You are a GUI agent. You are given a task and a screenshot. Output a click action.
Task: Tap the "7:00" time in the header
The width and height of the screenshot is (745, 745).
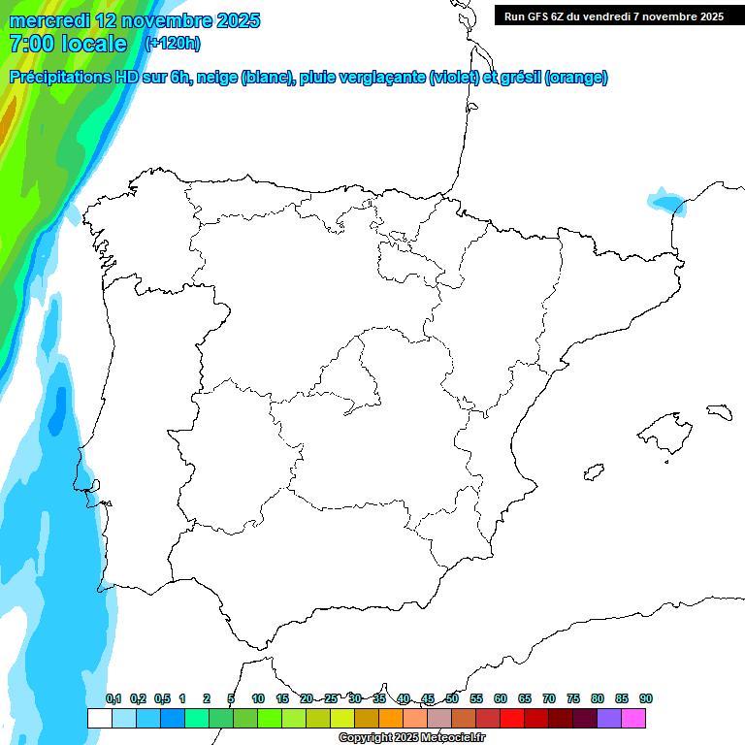[x=30, y=44]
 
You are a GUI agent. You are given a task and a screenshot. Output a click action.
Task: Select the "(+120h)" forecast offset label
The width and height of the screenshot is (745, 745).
[x=172, y=43]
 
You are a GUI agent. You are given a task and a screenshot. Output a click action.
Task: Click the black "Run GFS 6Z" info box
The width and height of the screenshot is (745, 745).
[x=614, y=16]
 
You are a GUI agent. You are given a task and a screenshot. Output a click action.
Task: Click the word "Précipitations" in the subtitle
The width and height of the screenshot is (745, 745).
[x=59, y=78]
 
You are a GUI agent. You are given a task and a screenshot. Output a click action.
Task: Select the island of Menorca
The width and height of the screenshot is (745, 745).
[x=719, y=411]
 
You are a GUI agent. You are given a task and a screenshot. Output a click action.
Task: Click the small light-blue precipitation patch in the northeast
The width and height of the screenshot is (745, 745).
[x=667, y=202]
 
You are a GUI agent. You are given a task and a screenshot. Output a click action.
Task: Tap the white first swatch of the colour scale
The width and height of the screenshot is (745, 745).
[x=99, y=718]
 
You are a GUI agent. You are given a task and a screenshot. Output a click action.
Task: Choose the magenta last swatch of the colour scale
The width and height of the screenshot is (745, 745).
[x=633, y=718]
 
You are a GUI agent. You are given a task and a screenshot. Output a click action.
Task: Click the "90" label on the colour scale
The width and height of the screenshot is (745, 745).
[x=646, y=698]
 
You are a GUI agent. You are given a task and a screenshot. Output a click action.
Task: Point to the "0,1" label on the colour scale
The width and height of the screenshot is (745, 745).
[x=113, y=698]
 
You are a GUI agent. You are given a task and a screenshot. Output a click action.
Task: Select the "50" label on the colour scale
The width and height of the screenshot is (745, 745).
[x=452, y=698]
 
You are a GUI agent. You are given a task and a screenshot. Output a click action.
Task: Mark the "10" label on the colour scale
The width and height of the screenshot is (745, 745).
[x=258, y=698]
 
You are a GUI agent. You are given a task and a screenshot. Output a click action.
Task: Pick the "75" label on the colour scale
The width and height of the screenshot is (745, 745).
[x=573, y=698]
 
